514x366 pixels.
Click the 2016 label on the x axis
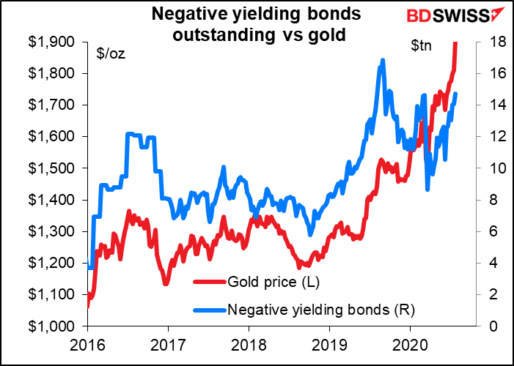click(x=87, y=344)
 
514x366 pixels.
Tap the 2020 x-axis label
click(x=411, y=344)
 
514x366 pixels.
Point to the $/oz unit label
click(x=111, y=53)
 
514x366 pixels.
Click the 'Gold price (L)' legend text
click(x=273, y=282)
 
